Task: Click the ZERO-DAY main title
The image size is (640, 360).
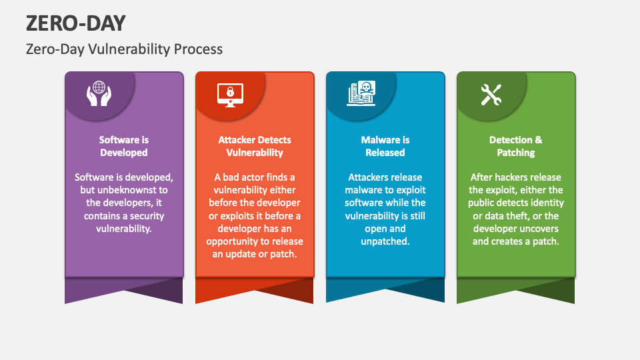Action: pos(76,23)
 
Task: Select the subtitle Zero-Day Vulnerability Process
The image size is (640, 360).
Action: pos(124,49)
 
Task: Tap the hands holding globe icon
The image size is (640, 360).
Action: pos(99,94)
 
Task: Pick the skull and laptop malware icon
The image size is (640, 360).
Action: pos(361,93)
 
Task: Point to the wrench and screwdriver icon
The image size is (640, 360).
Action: pos(491,95)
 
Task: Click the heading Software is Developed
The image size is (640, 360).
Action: pos(124,146)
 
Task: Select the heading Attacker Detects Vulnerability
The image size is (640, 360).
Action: pos(255,146)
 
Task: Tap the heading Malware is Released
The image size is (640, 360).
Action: pos(385,146)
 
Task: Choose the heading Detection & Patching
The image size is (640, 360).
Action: pos(516,146)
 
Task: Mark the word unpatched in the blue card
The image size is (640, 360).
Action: pos(385,241)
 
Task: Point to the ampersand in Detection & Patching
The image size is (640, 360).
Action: pos(539,140)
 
